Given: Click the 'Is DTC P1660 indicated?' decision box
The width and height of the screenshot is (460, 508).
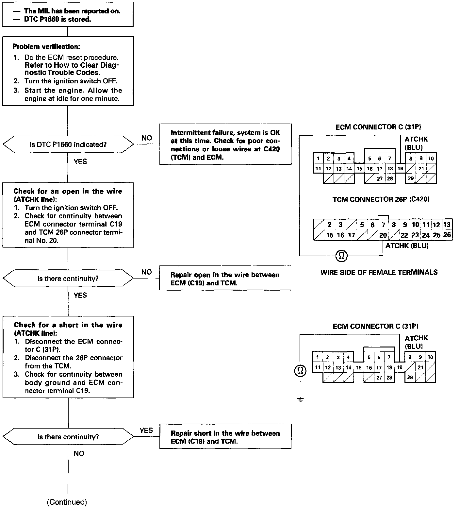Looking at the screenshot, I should (x=68, y=144).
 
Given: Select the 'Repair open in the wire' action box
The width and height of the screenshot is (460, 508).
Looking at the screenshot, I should (x=225, y=279).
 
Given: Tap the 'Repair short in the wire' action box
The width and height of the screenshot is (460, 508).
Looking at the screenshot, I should (x=225, y=437).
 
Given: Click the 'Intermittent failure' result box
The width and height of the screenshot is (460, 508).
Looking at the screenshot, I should (x=225, y=144).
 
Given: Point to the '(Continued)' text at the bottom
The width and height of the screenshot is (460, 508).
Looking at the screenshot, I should (x=67, y=502).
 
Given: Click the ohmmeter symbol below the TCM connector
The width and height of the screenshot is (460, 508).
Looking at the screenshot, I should (x=342, y=256).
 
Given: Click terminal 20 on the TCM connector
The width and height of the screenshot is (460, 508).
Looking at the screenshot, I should (x=383, y=235).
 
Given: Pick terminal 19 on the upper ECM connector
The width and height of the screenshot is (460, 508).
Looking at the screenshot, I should (x=400, y=169).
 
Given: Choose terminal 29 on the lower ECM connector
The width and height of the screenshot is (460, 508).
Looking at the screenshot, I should (x=410, y=377).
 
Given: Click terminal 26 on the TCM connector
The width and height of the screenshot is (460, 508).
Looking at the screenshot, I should (x=447, y=235).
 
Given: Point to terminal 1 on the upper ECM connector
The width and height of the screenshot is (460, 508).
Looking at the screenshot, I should (x=318, y=159).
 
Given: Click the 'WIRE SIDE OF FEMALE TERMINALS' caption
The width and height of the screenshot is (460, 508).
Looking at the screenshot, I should (x=379, y=272).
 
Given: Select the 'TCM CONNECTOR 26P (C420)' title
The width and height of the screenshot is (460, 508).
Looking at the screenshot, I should (x=381, y=199).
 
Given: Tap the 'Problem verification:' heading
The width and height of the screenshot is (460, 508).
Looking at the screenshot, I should (x=46, y=46).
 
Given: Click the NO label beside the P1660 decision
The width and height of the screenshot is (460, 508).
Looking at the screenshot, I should (x=147, y=138).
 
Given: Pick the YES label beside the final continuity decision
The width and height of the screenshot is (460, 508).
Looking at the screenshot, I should (x=146, y=430).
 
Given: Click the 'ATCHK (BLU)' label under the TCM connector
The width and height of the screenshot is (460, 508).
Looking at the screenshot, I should (x=407, y=246).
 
